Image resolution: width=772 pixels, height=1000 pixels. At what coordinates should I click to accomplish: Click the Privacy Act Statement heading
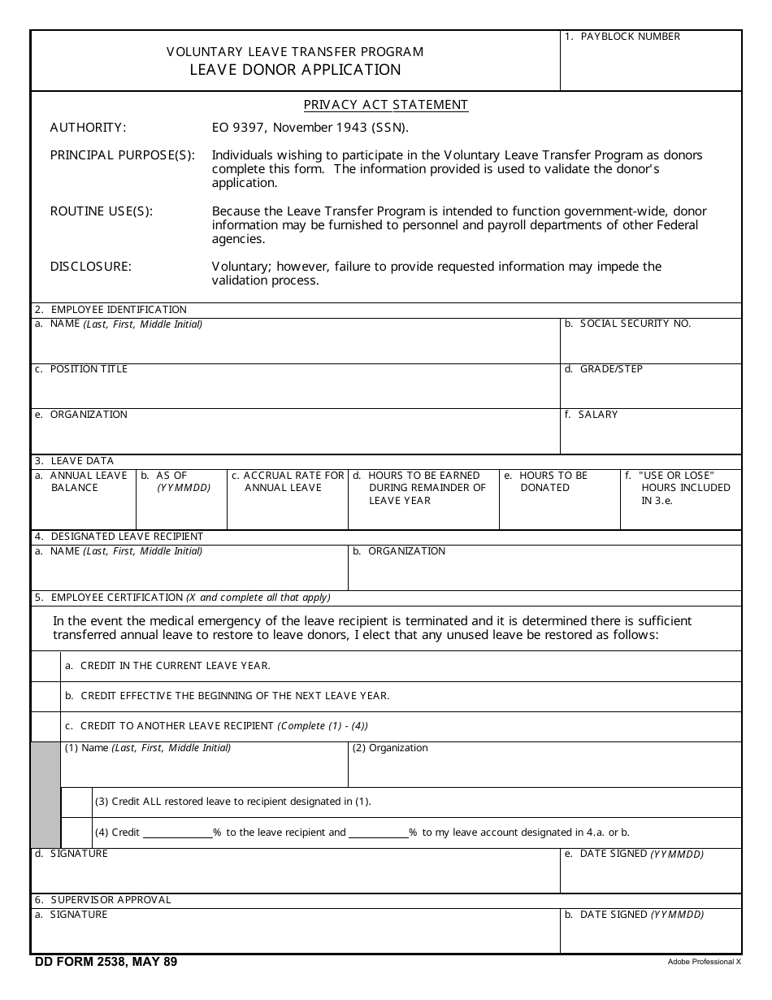click(386, 105)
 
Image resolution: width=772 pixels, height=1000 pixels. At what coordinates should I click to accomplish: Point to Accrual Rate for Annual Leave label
click(288, 481)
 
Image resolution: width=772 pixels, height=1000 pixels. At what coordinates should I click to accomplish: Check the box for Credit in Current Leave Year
click(46, 666)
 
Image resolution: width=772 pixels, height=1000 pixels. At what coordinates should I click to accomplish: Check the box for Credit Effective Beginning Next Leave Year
click(46, 696)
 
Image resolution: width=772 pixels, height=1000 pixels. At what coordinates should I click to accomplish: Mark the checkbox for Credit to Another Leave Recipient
click(46, 726)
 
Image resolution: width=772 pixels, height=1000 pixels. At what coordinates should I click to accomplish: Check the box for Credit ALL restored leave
click(76, 802)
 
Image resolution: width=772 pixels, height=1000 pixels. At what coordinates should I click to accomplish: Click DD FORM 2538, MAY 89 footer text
click(106, 962)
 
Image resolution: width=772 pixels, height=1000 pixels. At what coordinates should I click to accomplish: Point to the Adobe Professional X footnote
click(704, 962)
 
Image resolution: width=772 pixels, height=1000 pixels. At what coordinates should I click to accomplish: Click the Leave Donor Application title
click(295, 70)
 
